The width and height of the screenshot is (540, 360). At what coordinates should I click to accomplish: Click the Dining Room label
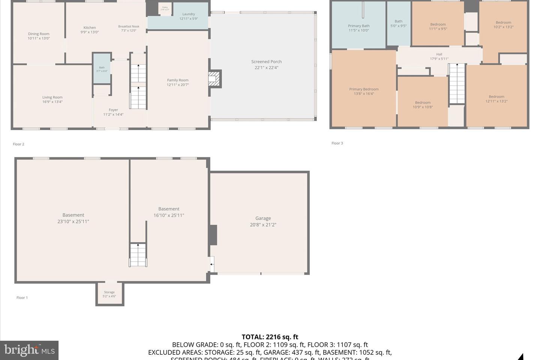[39, 36]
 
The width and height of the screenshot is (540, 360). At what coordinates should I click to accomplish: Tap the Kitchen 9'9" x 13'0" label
[90, 30]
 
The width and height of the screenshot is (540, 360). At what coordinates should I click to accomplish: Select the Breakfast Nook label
[129, 28]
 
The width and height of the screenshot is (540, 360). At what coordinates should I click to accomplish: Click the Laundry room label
[189, 16]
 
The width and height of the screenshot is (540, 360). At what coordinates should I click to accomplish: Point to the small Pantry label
[165, 8]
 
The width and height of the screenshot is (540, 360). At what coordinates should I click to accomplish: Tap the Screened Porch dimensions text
[266, 68]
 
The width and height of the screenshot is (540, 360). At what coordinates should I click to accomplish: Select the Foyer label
[113, 112]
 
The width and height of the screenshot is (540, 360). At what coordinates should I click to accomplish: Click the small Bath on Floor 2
[102, 69]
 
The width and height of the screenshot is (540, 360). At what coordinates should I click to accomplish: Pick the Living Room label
[52, 99]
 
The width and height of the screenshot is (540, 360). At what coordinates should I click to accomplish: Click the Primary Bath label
[359, 28]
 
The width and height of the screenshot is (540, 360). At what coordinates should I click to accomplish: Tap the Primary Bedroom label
[364, 91]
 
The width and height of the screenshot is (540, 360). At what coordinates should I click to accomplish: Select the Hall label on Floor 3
[439, 56]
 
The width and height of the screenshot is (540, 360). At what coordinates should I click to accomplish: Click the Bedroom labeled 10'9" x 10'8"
[423, 105]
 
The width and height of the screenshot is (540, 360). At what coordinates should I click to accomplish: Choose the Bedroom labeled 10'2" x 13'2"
[503, 25]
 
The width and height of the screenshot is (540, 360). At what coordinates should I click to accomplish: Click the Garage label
[263, 221]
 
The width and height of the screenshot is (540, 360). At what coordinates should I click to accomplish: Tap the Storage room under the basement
[109, 294]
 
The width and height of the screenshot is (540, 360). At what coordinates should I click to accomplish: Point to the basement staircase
[138, 255]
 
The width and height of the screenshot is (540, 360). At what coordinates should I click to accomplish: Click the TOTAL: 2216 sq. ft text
[270, 337]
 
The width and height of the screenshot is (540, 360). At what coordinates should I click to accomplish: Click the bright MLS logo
[29, 350]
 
